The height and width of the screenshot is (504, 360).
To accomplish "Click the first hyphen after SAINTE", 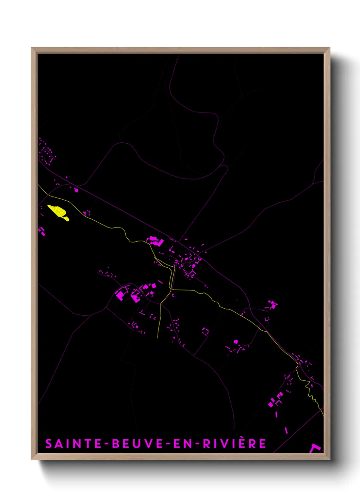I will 106,444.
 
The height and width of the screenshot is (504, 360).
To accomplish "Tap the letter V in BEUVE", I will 146,444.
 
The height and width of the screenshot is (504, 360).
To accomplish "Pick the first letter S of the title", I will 49,444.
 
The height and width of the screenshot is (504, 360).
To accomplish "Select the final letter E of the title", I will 263,444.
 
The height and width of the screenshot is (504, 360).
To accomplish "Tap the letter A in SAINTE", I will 59,444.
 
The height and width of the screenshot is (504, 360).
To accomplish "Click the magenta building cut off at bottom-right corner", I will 315,448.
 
